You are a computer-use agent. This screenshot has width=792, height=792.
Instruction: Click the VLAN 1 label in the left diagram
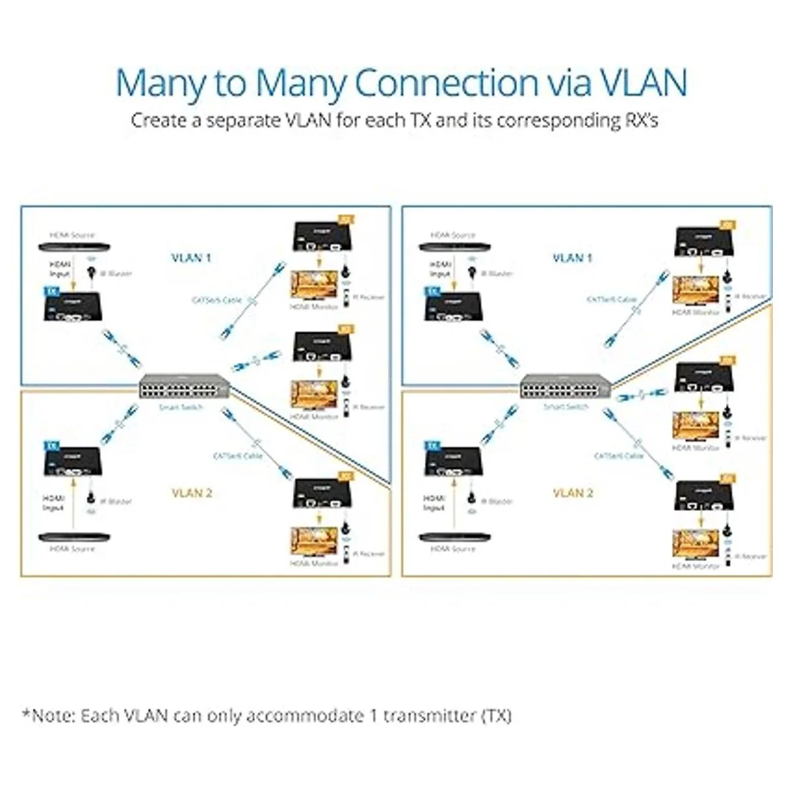pos(191,257)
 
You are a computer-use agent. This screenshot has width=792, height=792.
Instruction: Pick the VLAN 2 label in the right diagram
pos(572,493)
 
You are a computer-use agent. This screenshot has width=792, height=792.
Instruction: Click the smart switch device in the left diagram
pos(185,385)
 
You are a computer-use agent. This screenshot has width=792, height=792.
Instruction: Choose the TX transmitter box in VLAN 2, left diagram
pos(73,462)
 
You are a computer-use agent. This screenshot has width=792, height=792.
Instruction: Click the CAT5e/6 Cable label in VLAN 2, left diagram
pos(238,456)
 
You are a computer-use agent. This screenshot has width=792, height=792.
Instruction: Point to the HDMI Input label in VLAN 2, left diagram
pos(53,502)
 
